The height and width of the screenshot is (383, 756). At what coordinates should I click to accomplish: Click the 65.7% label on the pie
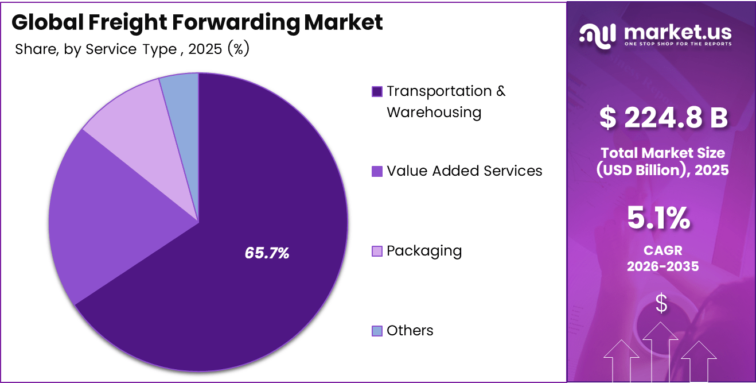pyautogui.click(x=267, y=253)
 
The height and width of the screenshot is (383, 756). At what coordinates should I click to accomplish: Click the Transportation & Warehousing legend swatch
pyautogui.click(x=377, y=92)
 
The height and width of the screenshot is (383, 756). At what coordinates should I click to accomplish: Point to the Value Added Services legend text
pyautogui.click(x=464, y=171)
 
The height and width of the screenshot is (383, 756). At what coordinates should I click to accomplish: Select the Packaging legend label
pyautogui.click(x=424, y=251)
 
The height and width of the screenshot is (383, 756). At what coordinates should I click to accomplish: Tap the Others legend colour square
pyautogui.click(x=377, y=331)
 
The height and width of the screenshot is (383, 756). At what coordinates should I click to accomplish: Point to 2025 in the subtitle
pyautogui.click(x=205, y=49)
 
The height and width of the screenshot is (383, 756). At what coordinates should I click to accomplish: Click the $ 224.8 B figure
pyautogui.click(x=663, y=117)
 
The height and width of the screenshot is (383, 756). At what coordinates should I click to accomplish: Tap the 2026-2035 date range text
pyautogui.click(x=663, y=266)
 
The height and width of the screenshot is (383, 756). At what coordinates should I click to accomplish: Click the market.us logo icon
pyautogui.click(x=598, y=34)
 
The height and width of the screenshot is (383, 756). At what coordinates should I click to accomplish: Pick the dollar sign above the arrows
pyautogui.click(x=661, y=303)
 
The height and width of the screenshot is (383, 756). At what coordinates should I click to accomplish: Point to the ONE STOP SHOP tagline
pyautogui.click(x=677, y=44)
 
